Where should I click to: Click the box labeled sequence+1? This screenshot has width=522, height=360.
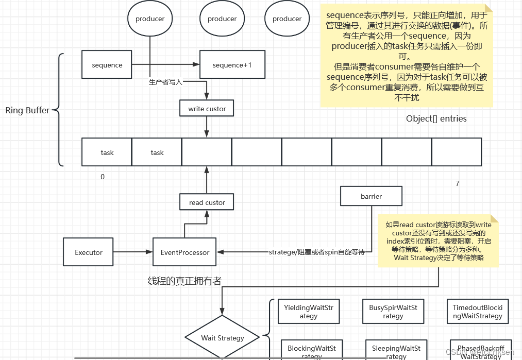(232, 65)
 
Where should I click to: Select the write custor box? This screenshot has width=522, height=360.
(207, 109)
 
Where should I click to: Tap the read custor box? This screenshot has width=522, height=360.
(207, 202)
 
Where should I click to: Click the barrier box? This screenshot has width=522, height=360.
(371, 196)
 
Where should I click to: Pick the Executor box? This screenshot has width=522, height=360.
(88, 252)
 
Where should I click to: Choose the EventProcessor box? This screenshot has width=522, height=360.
(185, 252)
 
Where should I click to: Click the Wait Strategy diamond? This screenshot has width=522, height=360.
(222, 338)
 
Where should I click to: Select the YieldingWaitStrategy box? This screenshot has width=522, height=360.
(308, 312)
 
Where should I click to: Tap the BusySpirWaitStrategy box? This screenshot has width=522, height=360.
(393, 312)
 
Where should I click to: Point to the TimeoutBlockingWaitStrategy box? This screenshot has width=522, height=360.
(477, 312)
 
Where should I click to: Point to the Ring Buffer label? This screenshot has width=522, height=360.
(27, 110)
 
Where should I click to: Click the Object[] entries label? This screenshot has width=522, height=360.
(436, 118)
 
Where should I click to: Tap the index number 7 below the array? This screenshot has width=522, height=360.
(457, 183)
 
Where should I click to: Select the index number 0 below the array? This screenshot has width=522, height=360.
(102, 177)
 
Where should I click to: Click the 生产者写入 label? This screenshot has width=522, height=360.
(165, 82)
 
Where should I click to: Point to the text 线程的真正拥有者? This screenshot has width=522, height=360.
(184, 281)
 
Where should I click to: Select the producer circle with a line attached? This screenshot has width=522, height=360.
(150, 19)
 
